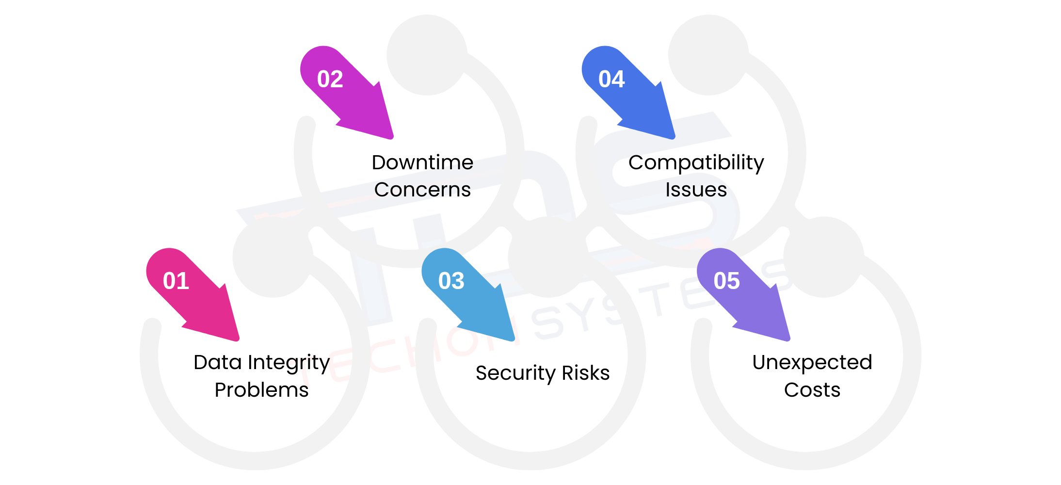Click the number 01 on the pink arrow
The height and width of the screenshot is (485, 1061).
pos(176,281)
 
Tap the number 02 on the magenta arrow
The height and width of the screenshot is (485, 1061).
pos(330,79)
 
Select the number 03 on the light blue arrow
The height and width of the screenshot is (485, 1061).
pos(451,281)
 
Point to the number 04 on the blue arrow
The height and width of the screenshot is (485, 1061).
pos(611,79)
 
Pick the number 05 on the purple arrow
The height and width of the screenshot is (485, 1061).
pos(727,281)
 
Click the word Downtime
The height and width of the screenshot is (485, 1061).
pos(422,162)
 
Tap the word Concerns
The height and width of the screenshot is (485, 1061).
pos(422,190)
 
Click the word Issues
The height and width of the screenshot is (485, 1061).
pos(696,190)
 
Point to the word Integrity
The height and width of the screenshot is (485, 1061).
pos(289,363)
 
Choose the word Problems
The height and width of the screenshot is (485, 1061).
pos(262,390)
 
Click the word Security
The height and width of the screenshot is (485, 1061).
pos(515,374)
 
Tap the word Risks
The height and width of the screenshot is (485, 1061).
pos(586,373)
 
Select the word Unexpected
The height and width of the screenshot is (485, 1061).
pos(812,363)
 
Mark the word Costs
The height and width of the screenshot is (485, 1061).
pos(812,390)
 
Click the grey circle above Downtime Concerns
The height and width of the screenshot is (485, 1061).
pos(427,55)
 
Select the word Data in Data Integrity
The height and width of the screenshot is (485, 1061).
pos(218,362)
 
